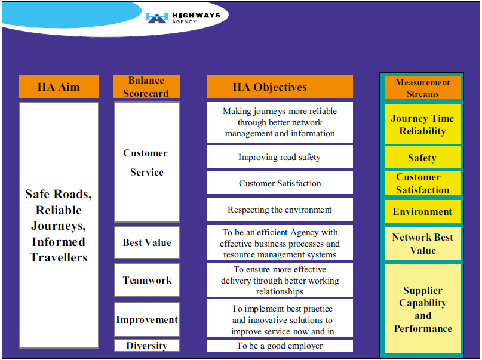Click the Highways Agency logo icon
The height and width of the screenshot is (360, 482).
tap(156, 17)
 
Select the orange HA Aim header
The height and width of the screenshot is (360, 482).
tap(59, 87)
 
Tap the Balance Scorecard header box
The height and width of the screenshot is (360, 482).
tap(146, 87)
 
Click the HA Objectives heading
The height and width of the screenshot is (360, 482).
tap(280, 87)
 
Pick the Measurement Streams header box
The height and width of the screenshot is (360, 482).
tap(423, 88)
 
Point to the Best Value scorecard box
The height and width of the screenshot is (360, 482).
tap(147, 242)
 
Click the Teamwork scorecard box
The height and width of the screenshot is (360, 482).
tap(147, 280)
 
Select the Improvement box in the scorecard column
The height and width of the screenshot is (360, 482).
tap(147, 319)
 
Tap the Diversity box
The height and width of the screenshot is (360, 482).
tap(147, 346)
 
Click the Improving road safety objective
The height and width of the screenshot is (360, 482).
tap(280, 157)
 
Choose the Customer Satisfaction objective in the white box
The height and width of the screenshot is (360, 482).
tap(280, 183)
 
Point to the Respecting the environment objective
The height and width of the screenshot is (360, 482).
tap(280, 210)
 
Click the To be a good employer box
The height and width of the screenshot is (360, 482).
tap(280, 346)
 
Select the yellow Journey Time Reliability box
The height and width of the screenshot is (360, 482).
tap(423, 125)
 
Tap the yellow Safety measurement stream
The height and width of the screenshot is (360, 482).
tap(423, 158)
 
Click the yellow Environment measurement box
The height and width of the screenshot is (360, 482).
tap(423, 211)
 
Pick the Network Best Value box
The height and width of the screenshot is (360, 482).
tap(423, 244)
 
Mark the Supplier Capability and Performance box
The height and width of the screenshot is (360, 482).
tap(423, 309)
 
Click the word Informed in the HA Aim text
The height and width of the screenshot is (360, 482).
tap(59, 242)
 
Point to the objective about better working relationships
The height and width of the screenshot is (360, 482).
tap(280, 280)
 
